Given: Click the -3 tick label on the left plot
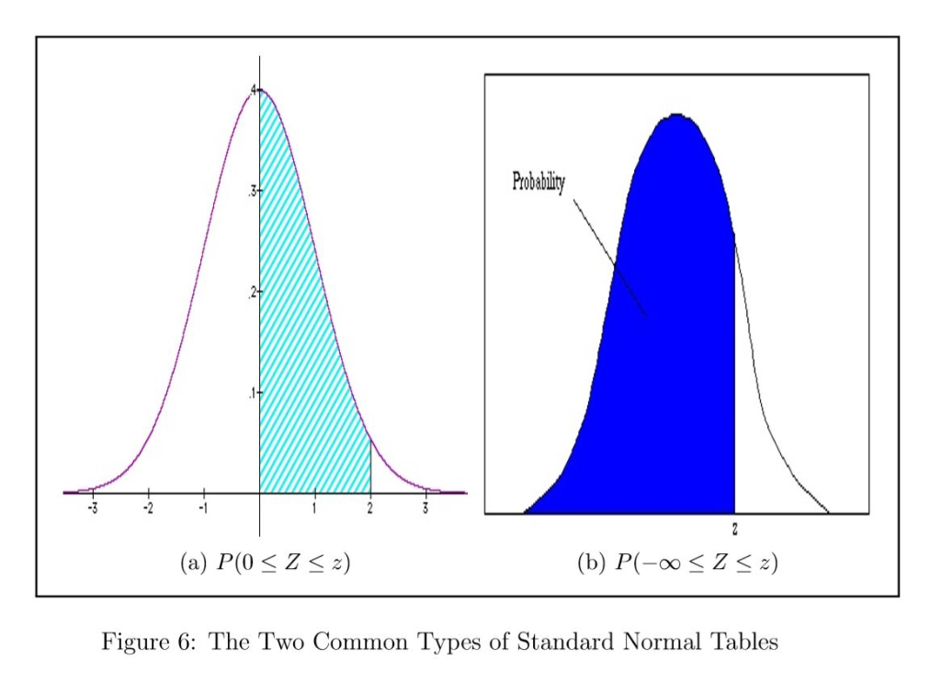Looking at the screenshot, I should tap(92, 506).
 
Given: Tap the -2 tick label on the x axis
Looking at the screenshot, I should tap(148, 506).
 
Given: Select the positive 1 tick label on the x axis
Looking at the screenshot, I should tap(315, 506).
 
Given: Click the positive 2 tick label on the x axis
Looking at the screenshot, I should tap(370, 506).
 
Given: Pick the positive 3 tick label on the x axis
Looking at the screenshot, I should tap(425, 506).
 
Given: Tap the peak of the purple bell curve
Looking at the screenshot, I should tap(260, 90).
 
